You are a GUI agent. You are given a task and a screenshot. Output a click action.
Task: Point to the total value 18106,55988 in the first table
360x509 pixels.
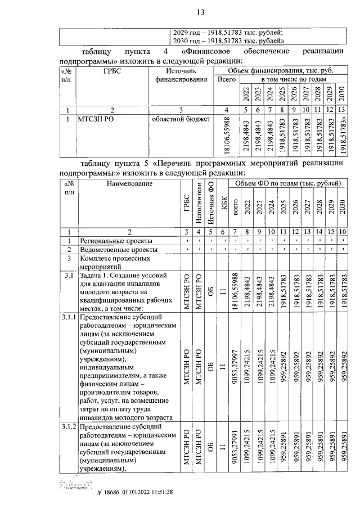(227, 135)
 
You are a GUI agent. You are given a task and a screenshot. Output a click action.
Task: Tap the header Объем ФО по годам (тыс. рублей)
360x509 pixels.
(287, 183)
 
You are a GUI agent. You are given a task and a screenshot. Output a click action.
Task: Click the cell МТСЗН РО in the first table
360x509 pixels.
(97, 119)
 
